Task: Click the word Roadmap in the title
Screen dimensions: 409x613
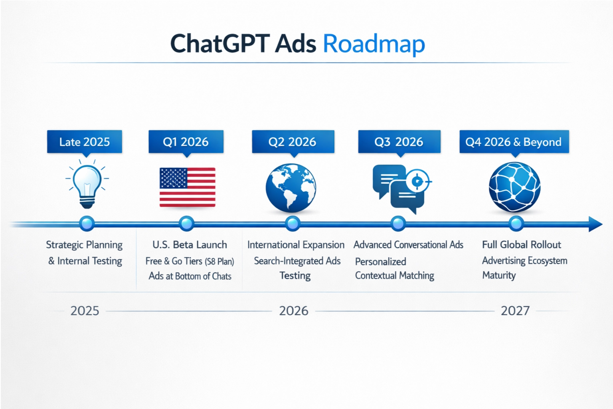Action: pyautogui.click(x=374, y=44)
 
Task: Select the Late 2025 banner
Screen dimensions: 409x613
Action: pyautogui.click(x=85, y=142)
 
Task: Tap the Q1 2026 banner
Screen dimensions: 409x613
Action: pyautogui.click(x=186, y=142)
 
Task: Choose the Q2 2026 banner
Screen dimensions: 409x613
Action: pyautogui.click(x=293, y=142)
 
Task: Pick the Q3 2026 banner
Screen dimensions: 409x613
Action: pyautogui.click(x=399, y=142)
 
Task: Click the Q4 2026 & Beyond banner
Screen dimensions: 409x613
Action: pyautogui.click(x=514, y=142)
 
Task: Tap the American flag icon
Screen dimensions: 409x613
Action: pyautogui.click(x=187, y=187)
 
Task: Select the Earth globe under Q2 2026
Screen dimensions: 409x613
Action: pyautogui.click(x=291, y=187)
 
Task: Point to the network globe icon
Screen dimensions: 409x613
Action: pyautogui.click(x=514, y=187)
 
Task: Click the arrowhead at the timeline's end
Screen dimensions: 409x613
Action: pyautogui.click(x=595, y=224)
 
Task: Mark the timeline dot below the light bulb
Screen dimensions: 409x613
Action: pyautogui.click(x=87, y=224)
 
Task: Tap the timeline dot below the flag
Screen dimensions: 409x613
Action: pyautogui.click(x=186, y=224)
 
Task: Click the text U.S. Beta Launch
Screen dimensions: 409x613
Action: pyautogui.click(x=190, y=244)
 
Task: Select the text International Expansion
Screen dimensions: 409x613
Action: pyautogui.click(x=296, y=244)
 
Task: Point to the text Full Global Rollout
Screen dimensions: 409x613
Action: pyautogui.click(x=521, y=244)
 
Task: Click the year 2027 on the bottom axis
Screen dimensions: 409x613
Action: pyautogui.click(x=515, y=311)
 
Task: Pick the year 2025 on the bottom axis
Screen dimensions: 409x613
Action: pyautogui.click(x=85, y=311)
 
